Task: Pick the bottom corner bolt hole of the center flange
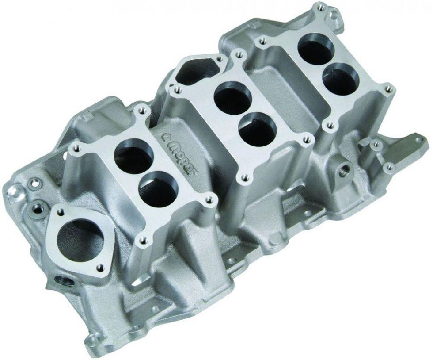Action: [242, 179]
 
